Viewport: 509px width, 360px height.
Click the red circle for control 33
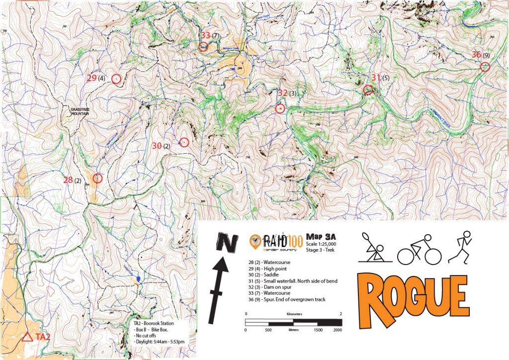[x=203, y=47]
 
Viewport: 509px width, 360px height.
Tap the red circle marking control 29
[x=116, y=79]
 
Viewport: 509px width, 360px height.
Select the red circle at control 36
[x=485, y=67]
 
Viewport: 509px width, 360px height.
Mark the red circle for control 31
[x=368, y=90]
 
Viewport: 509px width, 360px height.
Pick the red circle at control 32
[x=280, y=108]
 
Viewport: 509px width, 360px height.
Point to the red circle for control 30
[x=184, y=142]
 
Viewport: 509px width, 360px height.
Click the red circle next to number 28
[x=97, y=178]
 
